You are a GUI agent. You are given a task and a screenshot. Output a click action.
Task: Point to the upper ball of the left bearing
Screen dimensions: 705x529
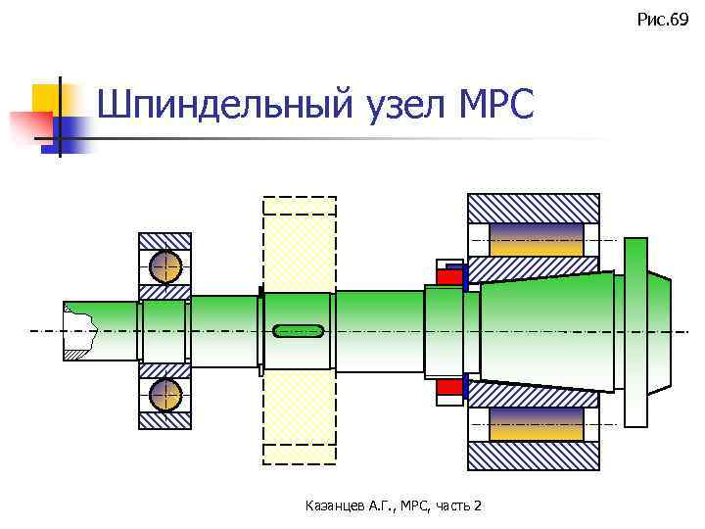pyautogui.click(x=165, y=266)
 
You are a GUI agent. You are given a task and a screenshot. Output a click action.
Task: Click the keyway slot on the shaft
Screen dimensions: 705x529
pyautogui.click(x=299, y=330)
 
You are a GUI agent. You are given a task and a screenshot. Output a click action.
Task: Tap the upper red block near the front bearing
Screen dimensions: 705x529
pyautogui.click(x=448, y=276)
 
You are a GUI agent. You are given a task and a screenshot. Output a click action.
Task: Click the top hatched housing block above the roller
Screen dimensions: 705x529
pyautogui.click(x=533, y=208)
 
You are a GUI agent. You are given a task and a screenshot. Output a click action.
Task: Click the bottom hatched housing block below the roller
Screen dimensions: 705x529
pyautogui.click(x=533, y=457)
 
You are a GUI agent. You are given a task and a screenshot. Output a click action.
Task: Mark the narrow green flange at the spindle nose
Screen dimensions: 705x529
pyautogui.click(x=635, y=332)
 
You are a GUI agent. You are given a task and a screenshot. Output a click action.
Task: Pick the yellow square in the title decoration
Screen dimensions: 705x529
pyautogui.click(x=46, y=97)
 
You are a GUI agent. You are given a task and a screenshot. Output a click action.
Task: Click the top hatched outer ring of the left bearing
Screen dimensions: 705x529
pyautogui.click(x=164, y=241)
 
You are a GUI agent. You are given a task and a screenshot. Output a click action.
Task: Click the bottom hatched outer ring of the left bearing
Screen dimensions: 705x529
pyautogui.click(x=164, y=420)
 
